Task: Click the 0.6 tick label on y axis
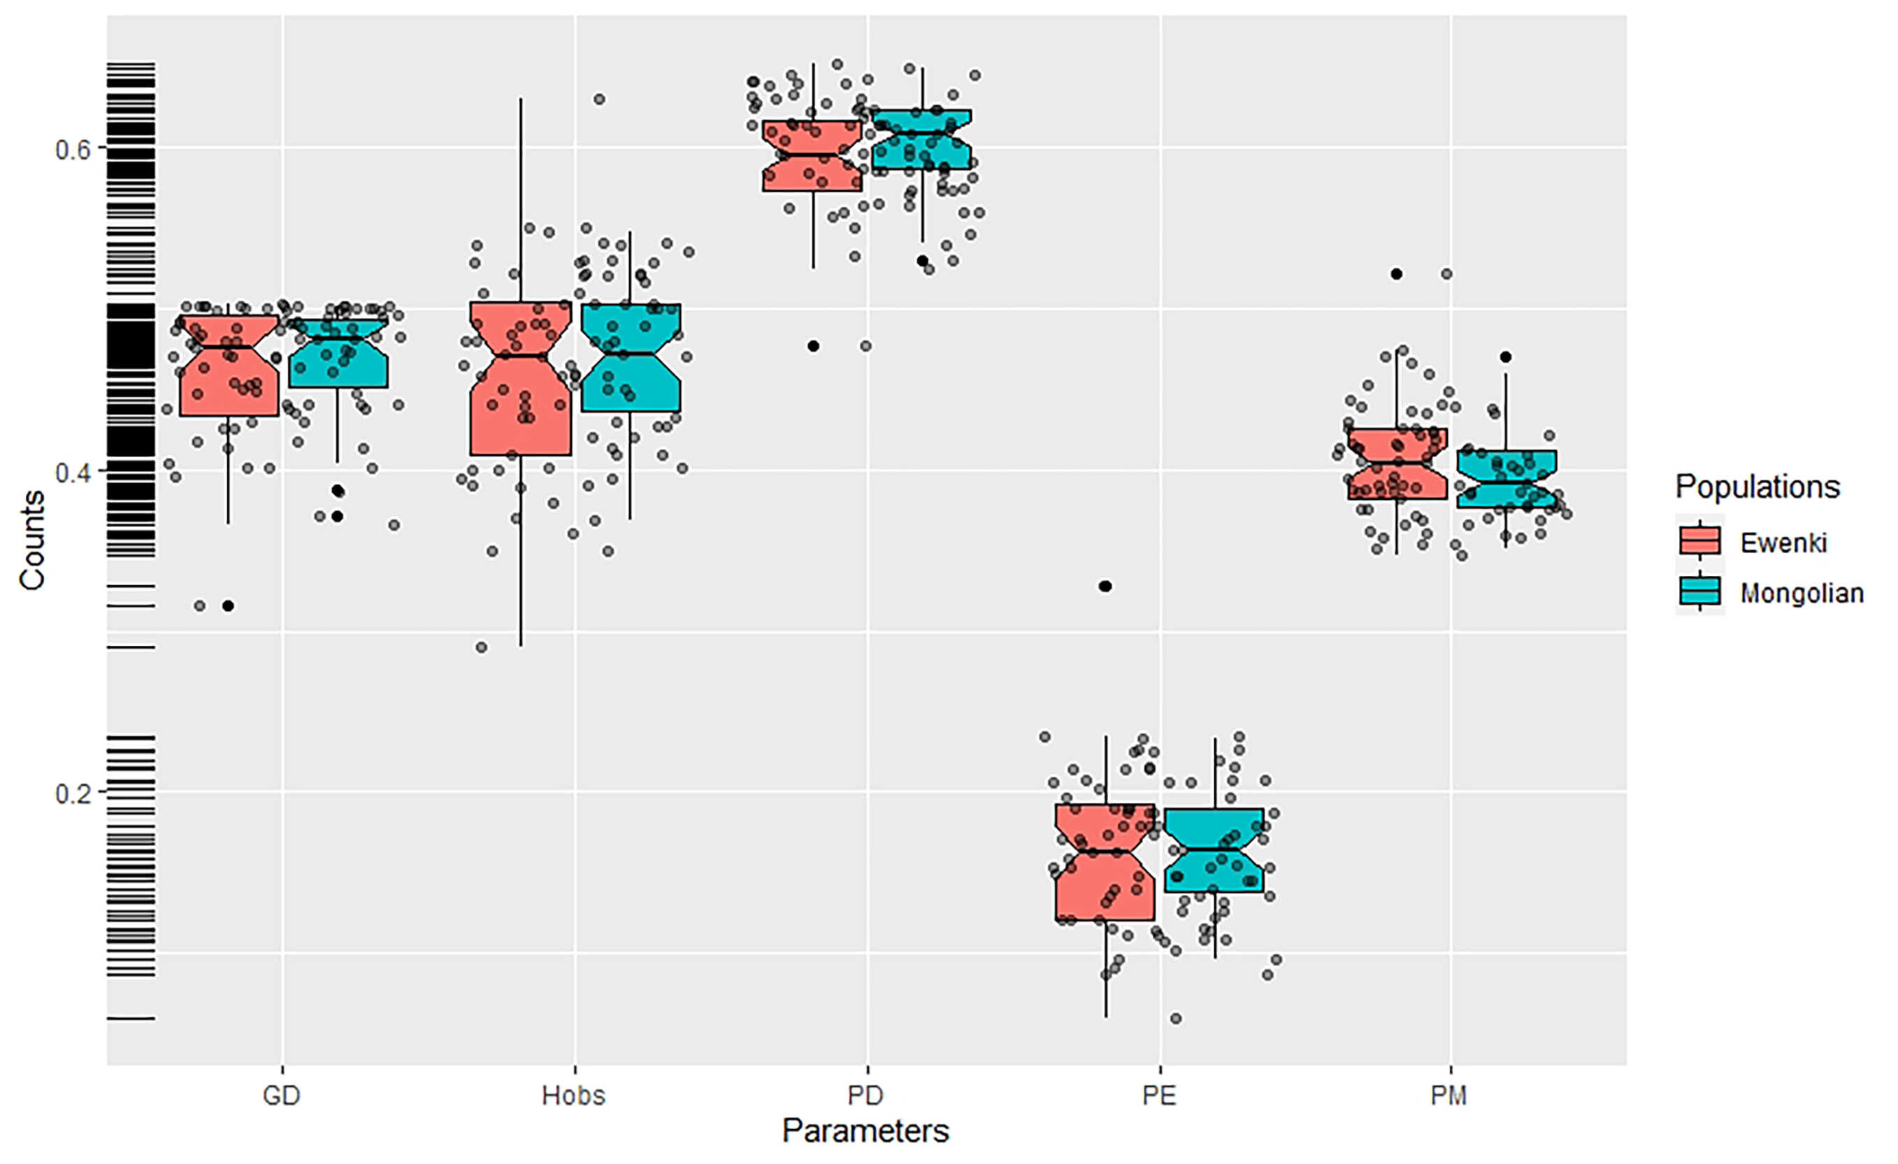pos(73,149)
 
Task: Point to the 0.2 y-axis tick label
pos(73,793)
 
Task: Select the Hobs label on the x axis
pos(573,1095)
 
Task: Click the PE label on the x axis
pos(1158,1095)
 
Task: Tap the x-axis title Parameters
pos(865,1131)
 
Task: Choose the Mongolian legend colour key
pos(1699,592)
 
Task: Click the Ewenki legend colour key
pos(1699,542)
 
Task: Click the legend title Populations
pos(1757,487)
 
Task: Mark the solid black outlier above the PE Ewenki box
pos(1105,587)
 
